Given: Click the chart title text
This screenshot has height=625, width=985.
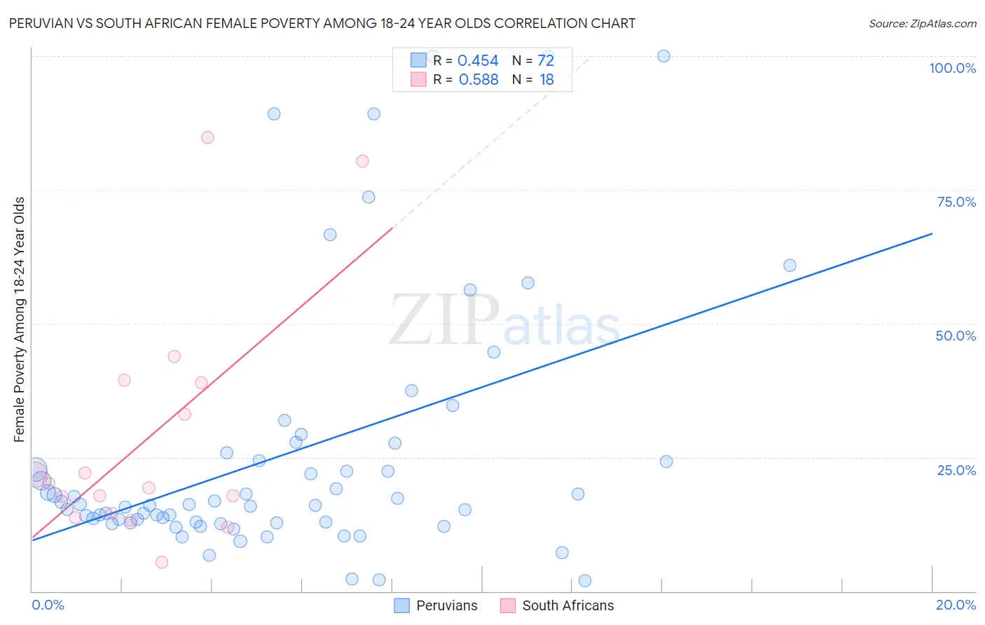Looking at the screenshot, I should [322, 23].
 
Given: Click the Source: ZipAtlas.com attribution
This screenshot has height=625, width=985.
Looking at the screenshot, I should [922, 23].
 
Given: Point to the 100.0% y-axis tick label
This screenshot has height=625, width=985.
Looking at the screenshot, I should [952, 68].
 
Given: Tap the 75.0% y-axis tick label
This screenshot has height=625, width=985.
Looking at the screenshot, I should [956, 202].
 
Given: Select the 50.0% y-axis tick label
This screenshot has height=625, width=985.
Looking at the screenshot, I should [956, 336].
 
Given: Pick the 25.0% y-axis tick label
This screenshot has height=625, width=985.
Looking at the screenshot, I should [956, 469].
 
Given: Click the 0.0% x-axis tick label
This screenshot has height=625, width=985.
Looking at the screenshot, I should [48, 605].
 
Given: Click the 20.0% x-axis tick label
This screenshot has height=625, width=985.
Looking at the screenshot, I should [956, 605].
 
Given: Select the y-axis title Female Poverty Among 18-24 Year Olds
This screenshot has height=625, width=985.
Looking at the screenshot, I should [20, 320].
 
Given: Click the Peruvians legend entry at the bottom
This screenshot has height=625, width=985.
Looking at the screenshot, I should [436, 605].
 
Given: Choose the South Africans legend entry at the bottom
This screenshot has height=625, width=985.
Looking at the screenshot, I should [557, 605].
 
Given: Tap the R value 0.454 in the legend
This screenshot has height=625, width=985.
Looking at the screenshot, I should [478, 61].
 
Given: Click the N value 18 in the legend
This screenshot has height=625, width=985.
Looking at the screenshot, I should [546, 80].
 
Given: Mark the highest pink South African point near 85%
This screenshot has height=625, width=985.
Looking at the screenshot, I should [207, 137].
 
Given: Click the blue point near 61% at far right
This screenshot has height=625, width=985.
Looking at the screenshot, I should [790, 266].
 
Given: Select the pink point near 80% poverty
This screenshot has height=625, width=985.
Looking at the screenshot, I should [362, 161].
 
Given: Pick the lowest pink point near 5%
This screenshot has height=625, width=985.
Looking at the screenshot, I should [162, 562].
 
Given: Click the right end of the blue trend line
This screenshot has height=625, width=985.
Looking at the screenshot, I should [932, 233].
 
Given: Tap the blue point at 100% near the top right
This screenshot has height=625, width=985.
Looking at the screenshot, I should [663, 56].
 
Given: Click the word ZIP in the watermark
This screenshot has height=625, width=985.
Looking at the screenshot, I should [443, 320].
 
